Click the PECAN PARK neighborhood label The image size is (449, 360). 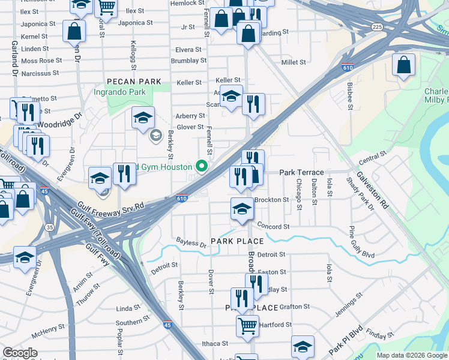tap(134, 82)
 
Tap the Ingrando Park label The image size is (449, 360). tap(119, 92)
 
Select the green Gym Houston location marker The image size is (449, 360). tap(202, 166)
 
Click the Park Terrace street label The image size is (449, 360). tap(301, 172)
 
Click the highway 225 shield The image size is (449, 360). tap(376, 27)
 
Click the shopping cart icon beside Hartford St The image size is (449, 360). tap(247, 326)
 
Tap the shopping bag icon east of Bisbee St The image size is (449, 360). tap(403, 64)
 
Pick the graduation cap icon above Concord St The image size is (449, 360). tap(242, 209)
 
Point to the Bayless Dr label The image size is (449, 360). tap(191, 243)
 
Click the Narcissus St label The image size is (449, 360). tap(40, 73)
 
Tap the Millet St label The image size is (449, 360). tap(294, 62)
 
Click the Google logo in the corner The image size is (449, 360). tap(20, 353)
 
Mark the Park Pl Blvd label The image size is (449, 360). tap(346, 340)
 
